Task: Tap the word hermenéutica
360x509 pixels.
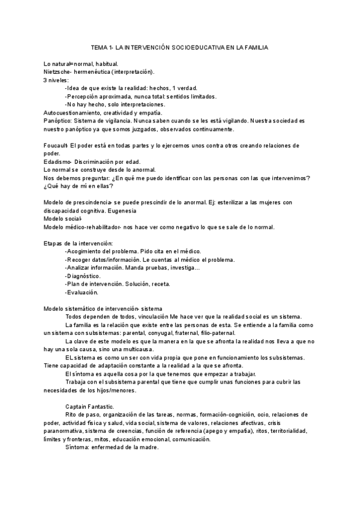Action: click(101, 71)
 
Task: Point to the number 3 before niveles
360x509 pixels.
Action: click(46, 80)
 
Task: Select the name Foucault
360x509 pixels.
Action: click(56, 146)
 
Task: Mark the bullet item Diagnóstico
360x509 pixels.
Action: click(83, 276)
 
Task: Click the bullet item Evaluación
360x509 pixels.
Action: click(82, 292)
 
